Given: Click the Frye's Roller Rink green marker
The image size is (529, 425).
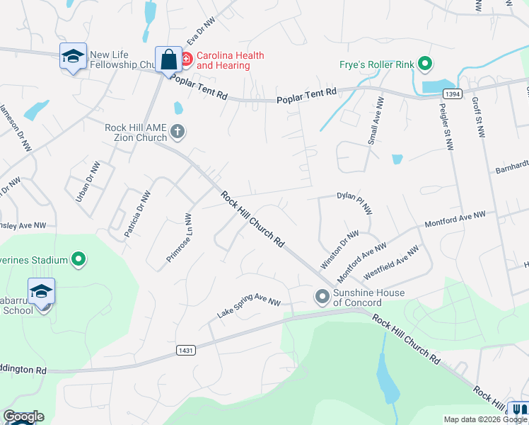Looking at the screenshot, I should (425, 65).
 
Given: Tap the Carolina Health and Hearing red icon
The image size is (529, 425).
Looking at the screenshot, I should (186, 58).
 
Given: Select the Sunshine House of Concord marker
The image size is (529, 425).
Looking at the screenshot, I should (323, 296).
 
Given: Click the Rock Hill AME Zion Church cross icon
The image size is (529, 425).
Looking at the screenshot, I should (178, 131).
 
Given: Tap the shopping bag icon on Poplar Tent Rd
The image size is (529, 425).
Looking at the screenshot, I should (169, 59).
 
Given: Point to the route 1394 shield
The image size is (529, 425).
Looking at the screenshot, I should (453, 93).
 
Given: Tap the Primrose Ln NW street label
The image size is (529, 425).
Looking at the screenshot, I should (180, 239).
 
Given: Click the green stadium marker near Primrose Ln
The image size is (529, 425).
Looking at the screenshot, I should (79, 260).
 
